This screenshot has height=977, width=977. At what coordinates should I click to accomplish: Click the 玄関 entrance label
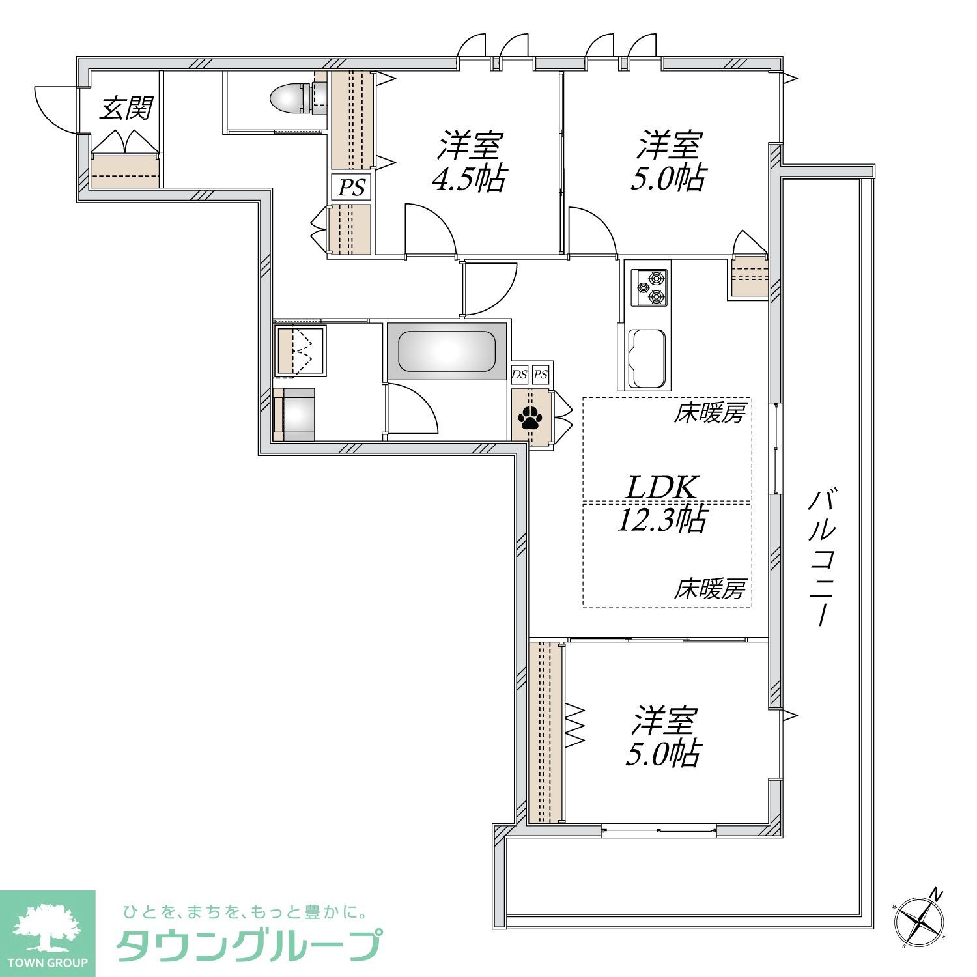(126, 108)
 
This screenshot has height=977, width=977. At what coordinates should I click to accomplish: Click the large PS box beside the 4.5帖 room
(351, 188)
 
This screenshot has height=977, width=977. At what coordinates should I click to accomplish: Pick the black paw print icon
(530, 418)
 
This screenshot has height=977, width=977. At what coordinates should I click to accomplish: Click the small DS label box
(519, 375)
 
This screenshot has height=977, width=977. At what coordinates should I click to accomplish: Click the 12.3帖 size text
(662, 520)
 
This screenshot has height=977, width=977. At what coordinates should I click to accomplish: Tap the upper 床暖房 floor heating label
(709, 413)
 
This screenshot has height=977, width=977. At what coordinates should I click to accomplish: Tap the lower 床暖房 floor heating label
(709, 589)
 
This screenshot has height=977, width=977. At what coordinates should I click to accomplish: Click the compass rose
(920, 920)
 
